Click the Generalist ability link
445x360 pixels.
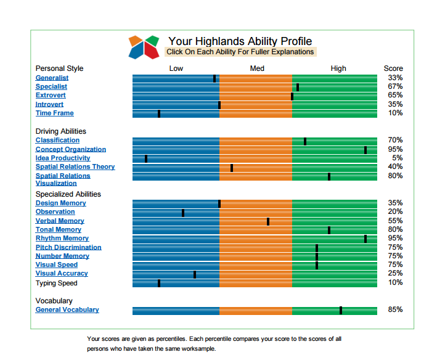tap(52, 78)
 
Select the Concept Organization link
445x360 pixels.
tap(70, 149)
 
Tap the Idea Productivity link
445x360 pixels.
tap(63, 158)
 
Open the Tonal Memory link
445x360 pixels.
tap(59, 229)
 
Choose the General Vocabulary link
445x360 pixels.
tap(67, 309)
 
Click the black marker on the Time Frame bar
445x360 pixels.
tap(159, 113)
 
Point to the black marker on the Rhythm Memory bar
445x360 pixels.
tap(365, 239)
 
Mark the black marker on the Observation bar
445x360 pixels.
tap(183, 213)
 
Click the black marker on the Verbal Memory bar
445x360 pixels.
tap(268, 221)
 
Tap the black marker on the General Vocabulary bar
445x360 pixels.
tap(341, 310)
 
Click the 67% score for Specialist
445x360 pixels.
tap(395, 86)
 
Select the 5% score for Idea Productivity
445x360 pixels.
tap(397, 158)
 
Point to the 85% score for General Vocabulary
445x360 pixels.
tap(395, 309)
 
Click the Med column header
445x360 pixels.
tap(257, 68)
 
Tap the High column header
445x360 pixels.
tap(338, 68)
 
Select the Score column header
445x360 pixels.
tap(393, 68)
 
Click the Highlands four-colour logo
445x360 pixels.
tap(144, 47)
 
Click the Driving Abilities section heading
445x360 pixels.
tap(60, 131)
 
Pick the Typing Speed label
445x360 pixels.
tap(56, 283)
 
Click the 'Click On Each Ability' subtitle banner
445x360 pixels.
tap(240, 52)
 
